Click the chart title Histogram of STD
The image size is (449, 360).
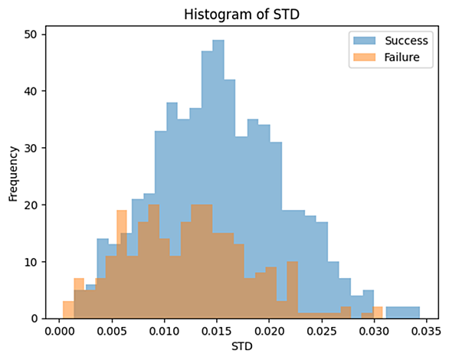(241, 15)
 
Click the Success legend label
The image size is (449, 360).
(406, 41)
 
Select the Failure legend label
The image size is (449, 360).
(401, 57)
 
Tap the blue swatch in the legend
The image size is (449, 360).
(364, 41)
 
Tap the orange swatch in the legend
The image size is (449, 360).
(364, 57)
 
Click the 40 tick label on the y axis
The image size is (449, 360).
(31, 91)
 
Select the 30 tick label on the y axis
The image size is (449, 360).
(31, 148)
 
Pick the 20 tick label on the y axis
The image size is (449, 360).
(31, 205)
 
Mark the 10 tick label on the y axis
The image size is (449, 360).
(31, 262)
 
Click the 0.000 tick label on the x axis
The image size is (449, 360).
(59, 332)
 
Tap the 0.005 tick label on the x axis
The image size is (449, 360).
(112, 332)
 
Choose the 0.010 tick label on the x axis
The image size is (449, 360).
(165, 332)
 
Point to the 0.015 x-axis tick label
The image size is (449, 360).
(217, 332)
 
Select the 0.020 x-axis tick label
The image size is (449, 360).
(269, 332)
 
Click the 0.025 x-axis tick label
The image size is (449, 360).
(322, 332)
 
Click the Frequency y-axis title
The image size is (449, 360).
(13, 174)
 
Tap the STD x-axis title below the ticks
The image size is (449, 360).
(242, 346)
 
